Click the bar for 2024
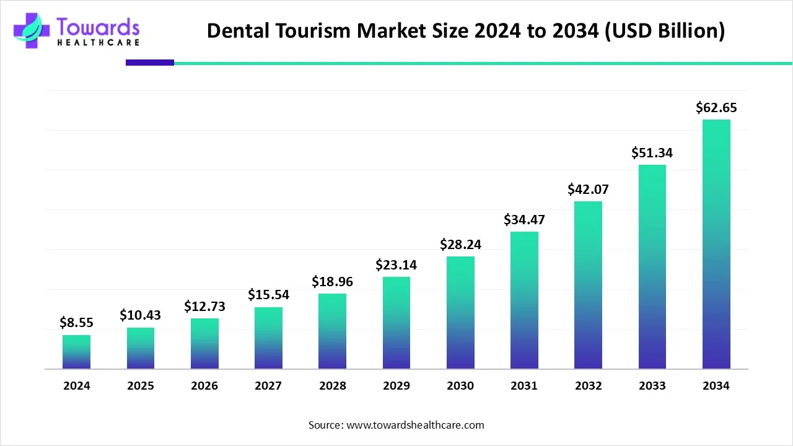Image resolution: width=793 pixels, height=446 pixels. [76, 352]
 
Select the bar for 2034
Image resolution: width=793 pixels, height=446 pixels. [716, 244]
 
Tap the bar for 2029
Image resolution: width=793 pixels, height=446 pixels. [396, 323]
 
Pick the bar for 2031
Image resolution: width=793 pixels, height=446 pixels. [524, 300]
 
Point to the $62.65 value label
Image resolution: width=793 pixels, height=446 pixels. [716, 108]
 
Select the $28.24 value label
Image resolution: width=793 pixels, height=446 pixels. [460, 244]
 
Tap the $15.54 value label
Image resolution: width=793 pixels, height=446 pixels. [268, 295]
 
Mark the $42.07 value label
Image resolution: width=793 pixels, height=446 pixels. [588, 189]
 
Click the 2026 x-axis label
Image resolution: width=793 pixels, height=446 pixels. [204, 386]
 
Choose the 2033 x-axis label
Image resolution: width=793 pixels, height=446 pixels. [652, 386]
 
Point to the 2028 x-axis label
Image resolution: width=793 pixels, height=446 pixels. [333, 386]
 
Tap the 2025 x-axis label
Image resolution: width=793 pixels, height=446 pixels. [141, 386]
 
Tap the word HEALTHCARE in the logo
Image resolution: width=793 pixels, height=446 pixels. [98, 43]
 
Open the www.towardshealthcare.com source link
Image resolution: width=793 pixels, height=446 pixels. [414, 425]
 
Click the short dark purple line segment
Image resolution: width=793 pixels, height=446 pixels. [150, 63]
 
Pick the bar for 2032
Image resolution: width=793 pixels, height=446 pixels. [588, 285]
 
